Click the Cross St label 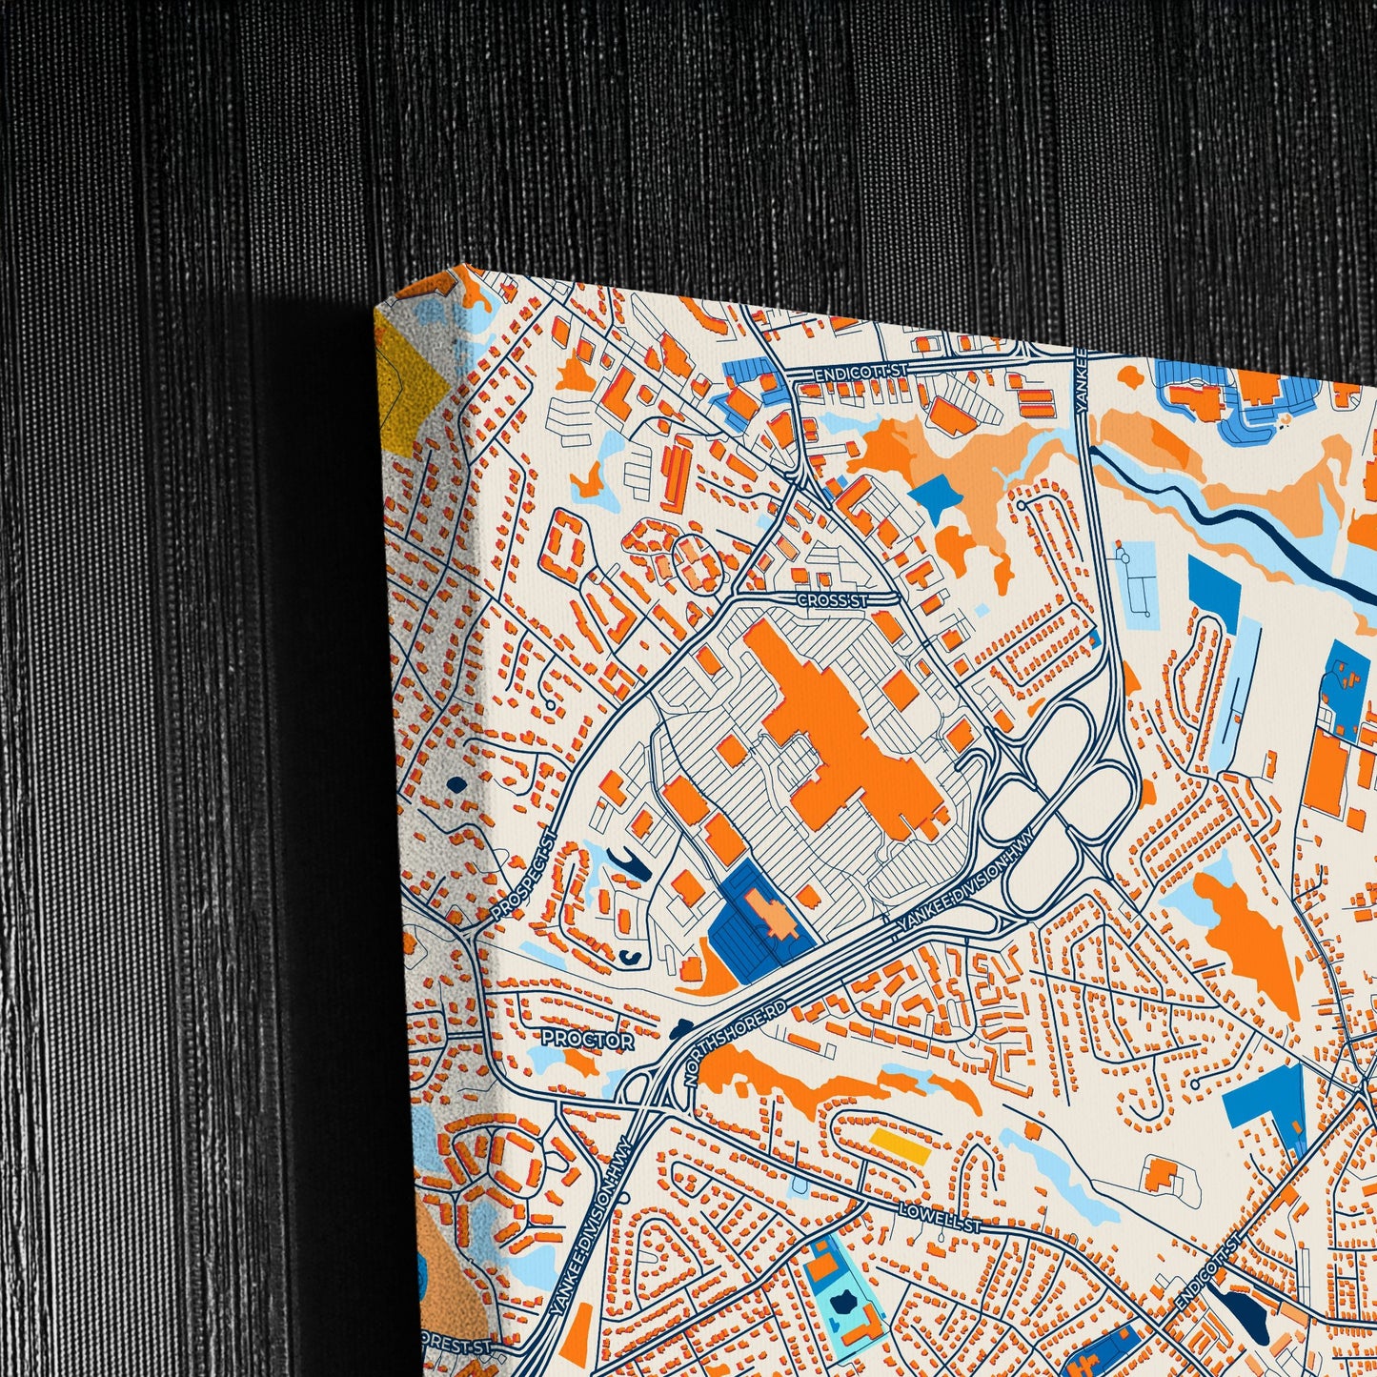(833, 600)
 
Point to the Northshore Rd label (736, 1044)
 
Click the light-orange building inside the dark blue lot (773, 914)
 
